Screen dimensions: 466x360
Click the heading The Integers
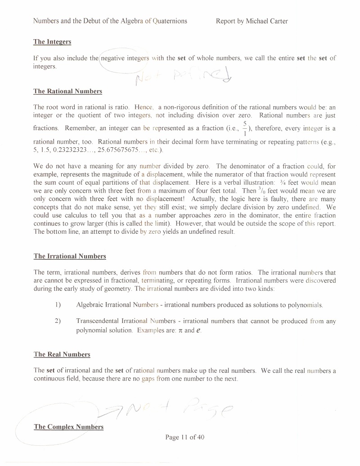pyautogui.click(x=52, y=42)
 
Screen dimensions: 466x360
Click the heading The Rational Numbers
pyautogui.click(x=67, y=91)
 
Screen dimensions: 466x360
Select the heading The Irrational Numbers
pyautogui.click(x=70, y=256)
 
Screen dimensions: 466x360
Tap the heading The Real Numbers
pyautogui.click(x=62, y=354)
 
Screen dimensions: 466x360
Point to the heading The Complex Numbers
pyautogui.click(x=68, y=427)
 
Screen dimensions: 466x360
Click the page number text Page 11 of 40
pyautogui.click(x=185, y=437)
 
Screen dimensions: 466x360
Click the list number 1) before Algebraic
pyautogui.click(x=58, y=305)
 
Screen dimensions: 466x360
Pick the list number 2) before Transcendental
pyautogui.click(x=58, y=321)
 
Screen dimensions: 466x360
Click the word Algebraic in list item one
pyautogui.click(x=90, y=305)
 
